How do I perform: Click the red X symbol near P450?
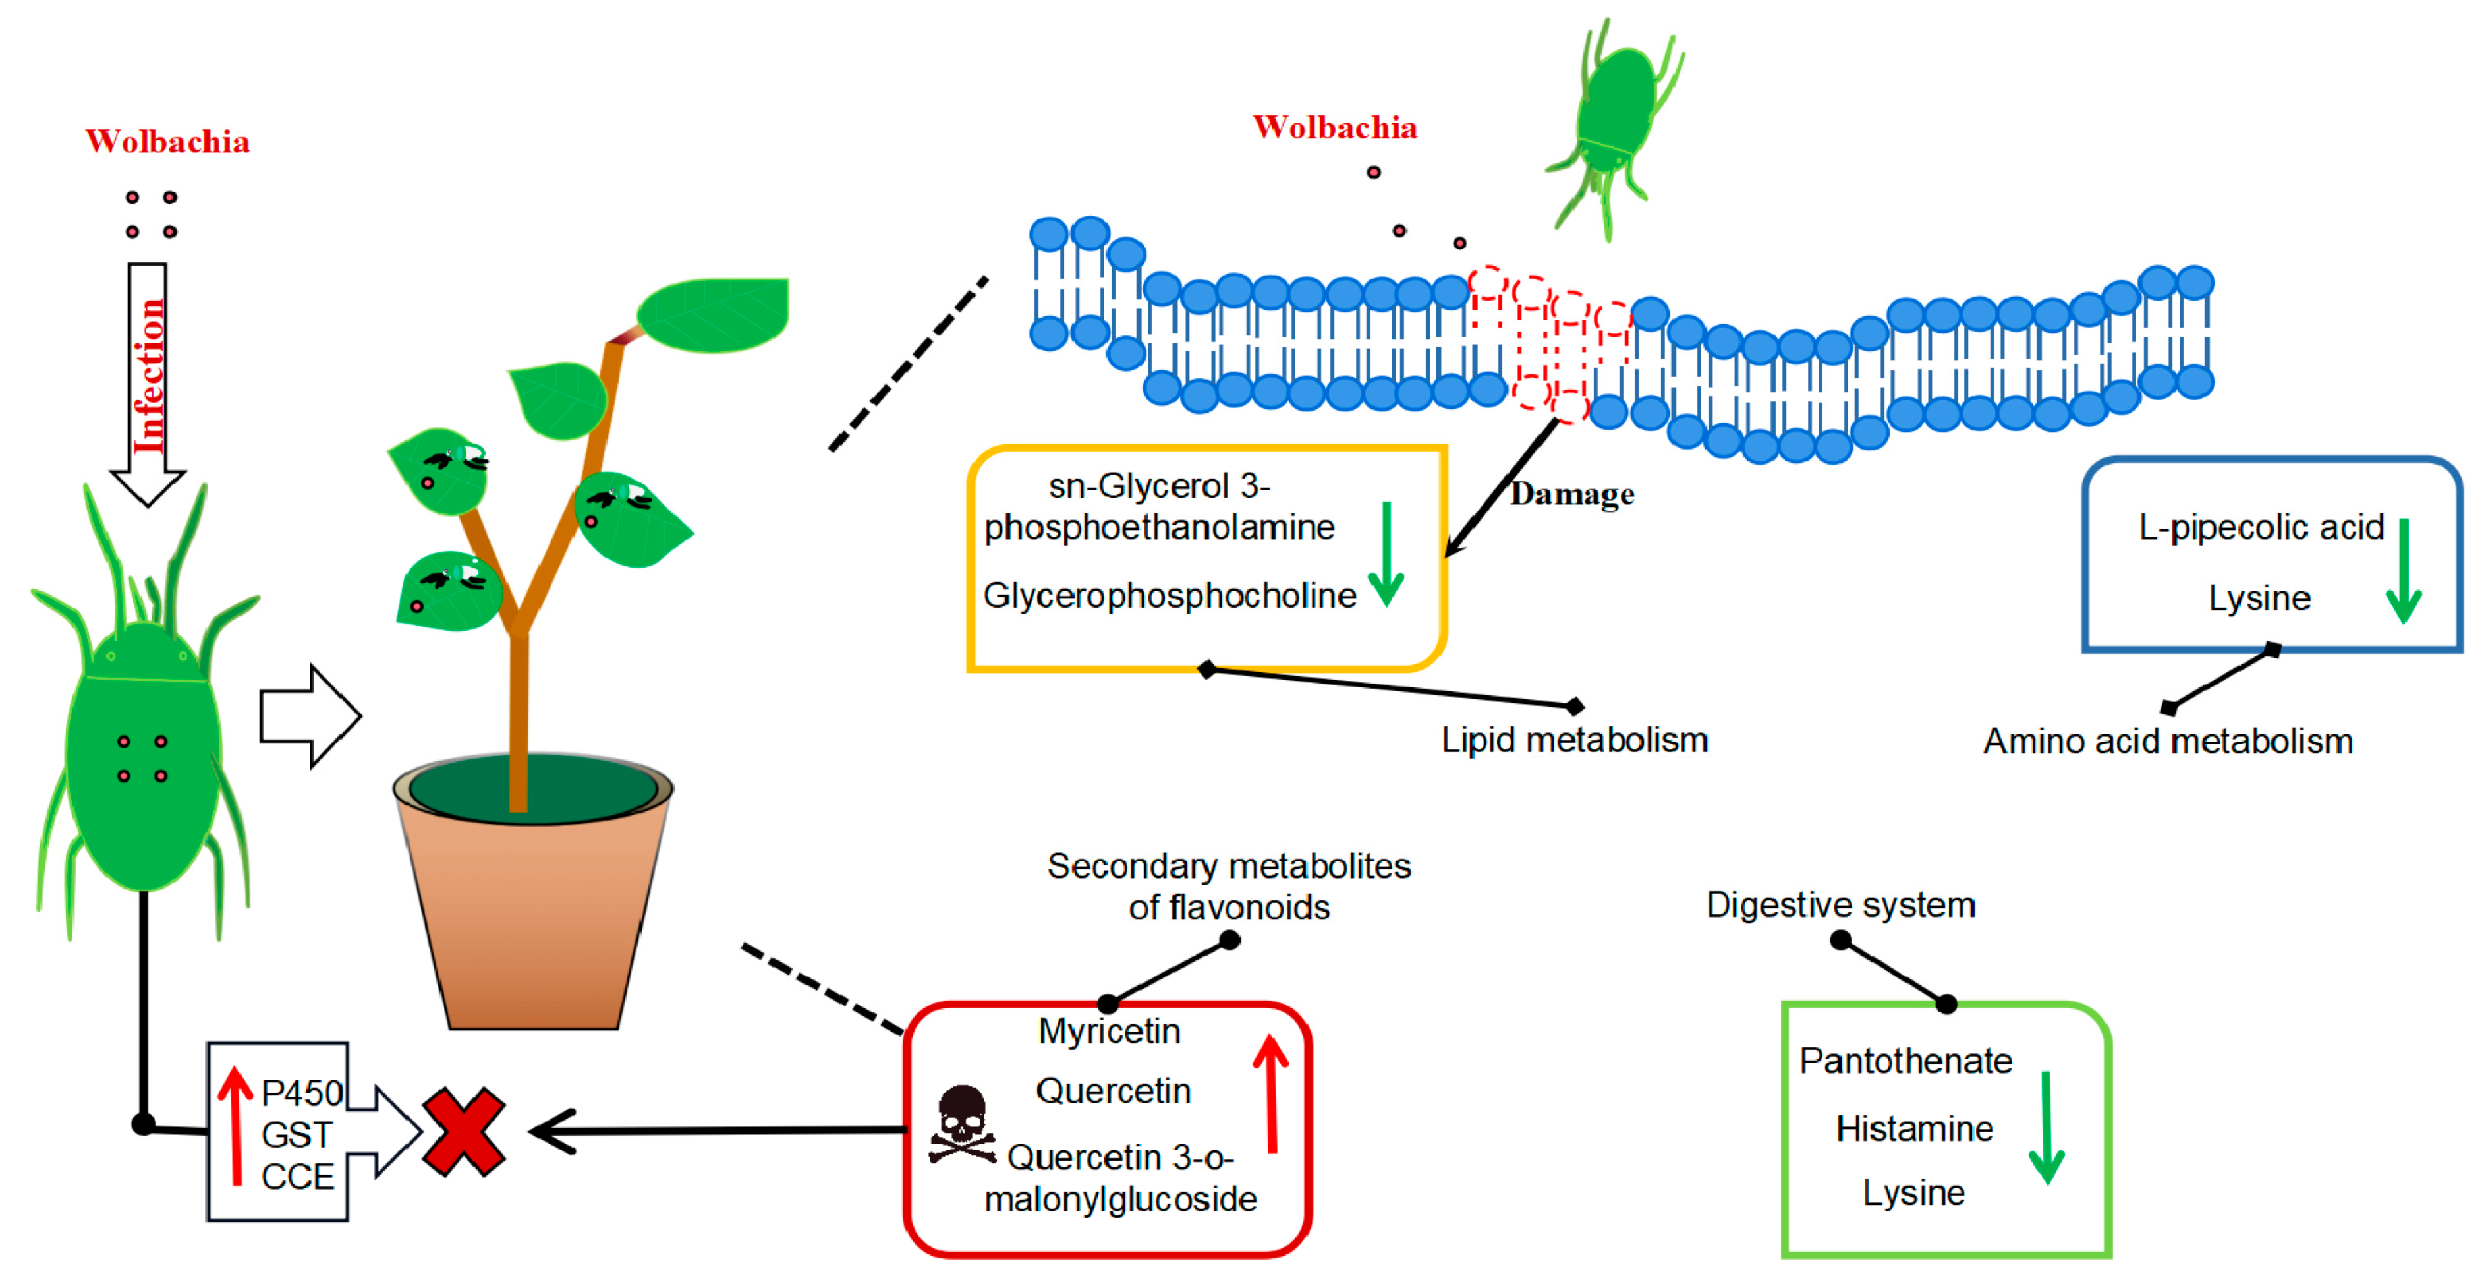463,1132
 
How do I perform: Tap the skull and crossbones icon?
961,1124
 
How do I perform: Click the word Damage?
1572,494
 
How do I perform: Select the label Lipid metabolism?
1574,740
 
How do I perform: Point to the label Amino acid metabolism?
2168,742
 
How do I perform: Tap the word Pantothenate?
1906,1061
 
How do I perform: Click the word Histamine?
1913,1128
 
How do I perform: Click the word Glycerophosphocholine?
1170,596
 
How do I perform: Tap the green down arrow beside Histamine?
2046,1128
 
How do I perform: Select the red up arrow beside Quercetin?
1271,1093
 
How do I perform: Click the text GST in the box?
297,1135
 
